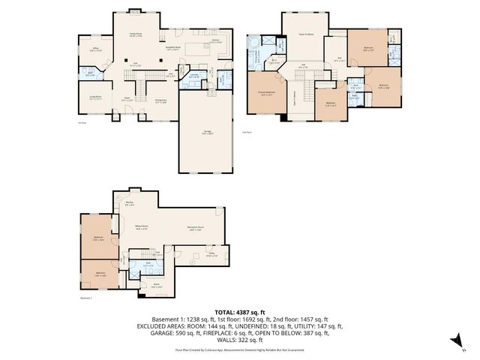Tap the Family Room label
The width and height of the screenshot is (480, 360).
[x=136, y=34]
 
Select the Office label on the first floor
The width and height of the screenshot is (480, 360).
[x=96, y=50]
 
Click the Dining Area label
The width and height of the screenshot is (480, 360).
[x=160, y=100]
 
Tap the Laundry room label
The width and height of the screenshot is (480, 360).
[x=193, y=74]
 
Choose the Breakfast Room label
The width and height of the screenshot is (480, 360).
[x=172, y=50]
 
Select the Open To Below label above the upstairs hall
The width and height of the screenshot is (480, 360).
[x=306, y=34]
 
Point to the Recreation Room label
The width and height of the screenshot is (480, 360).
[x=196, y=228]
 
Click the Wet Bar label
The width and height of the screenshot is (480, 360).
[x=129, y=202]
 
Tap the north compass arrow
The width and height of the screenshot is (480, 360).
[x=454, y=341]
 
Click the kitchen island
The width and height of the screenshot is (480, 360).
[x=200, y=52]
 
